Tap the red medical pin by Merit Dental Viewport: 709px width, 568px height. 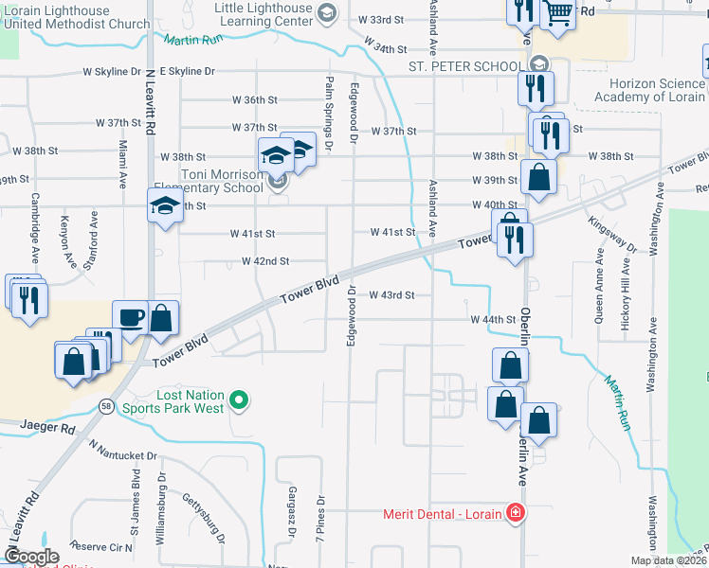pos(515,514)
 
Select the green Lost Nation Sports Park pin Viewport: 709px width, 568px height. pos(239,400)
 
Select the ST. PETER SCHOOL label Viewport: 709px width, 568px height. pos(464,66)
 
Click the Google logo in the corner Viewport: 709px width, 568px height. pos(30,557)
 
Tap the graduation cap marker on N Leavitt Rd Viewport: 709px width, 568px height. pos(164,206)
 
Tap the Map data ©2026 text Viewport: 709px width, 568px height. pos(667,560)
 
